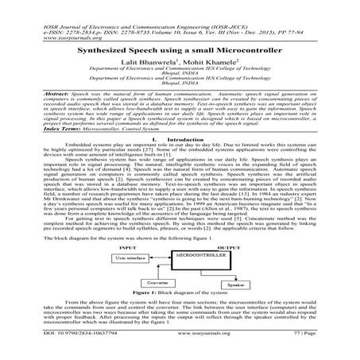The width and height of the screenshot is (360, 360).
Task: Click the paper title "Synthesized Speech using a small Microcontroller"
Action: [x=180, y=48]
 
